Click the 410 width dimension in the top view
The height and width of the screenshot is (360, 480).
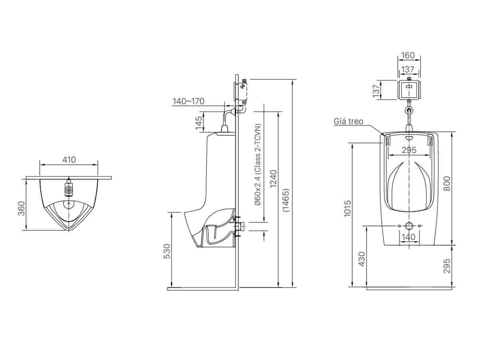pyautogui.click(x=69, y=160)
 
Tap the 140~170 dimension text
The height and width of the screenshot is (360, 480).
pyautogui.click(x=188, y=101)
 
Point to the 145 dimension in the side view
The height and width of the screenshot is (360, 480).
pyautogui.click(x=199, y=124)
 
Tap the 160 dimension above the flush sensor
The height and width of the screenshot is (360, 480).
pyautogui.click(x=408, y=55)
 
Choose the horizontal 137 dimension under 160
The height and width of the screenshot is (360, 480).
pyautogui.click(x=408, y=70)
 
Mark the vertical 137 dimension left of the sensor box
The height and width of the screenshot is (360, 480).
pyautogui.click(x=376, y=91)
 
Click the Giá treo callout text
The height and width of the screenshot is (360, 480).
pyautogui.click(x=349, y=121)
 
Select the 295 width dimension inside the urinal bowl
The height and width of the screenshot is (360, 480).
pyautogui.click(x=408, y=150)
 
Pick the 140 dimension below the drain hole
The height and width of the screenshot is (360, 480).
pyautogui.click(x=408, y=237)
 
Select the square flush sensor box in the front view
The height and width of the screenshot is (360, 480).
pyautogui.click(x=408, y=90)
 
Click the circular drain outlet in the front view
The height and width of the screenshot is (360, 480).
pyautogui.click(x=409, y=226)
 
